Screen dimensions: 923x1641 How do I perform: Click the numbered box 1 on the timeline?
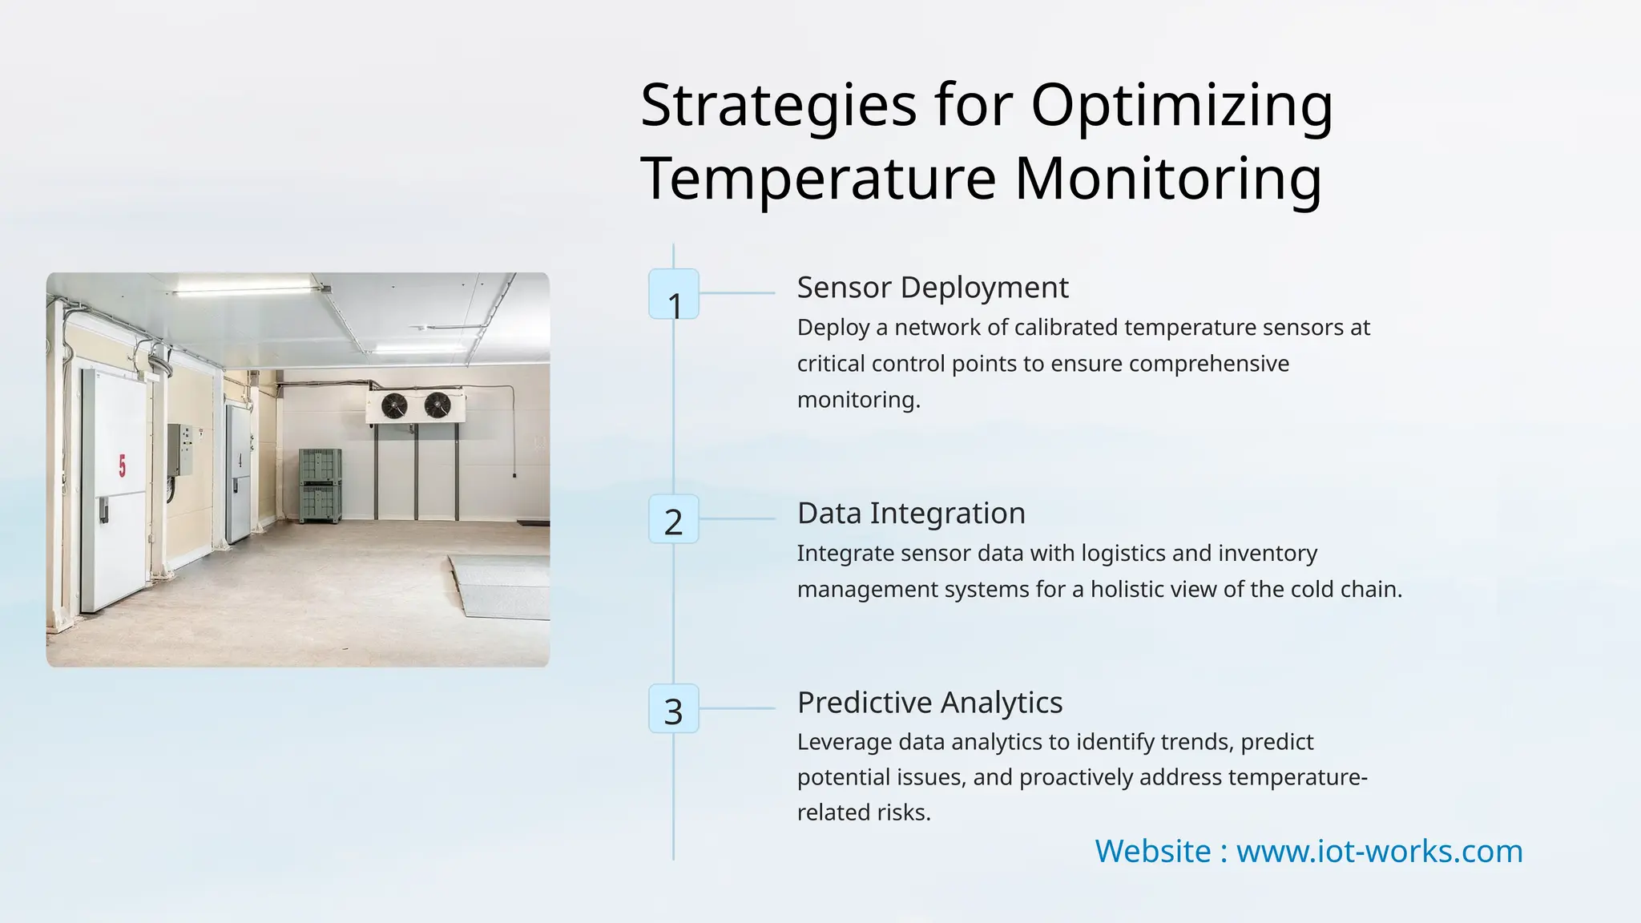[x=674, y=294]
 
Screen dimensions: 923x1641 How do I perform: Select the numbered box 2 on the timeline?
[x=674, y=520]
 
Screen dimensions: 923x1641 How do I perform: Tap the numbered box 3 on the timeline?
[x=674, y=709]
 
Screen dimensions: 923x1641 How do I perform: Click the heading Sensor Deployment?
[x=933, y=288]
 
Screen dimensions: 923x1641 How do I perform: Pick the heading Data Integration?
[x=911, y=514]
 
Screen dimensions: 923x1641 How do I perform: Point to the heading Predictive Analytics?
[x=929, y=703]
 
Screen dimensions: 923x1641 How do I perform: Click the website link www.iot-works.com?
[x=1379, y=851]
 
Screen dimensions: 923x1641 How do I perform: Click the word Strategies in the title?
[x=778, y=106]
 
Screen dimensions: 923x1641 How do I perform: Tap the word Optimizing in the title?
[x=1182, y=106]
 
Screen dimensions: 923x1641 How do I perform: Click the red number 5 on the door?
[x=122, y=466]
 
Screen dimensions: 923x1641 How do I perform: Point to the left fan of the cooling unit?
[x=394, y=406]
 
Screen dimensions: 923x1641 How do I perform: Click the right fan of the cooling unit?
[x=437, y=405]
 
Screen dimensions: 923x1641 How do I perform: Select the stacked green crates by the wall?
[x=321, y=486]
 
